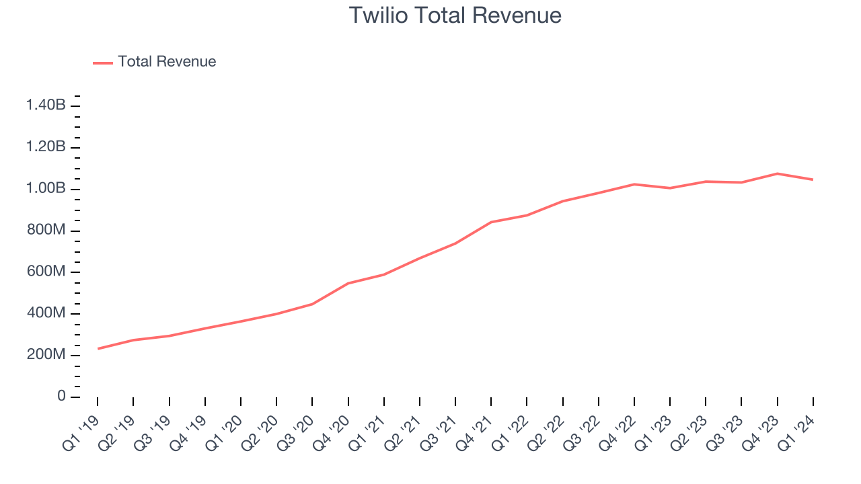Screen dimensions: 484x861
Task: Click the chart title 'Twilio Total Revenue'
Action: [x=455, y=15]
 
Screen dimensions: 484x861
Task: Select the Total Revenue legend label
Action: [x=167, y=62]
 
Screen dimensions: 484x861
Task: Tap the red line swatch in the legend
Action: [x=103, y=63]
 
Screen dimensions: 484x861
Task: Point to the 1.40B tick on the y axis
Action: [x=46, y=106]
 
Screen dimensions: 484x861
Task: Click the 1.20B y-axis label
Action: [x=46, y=147]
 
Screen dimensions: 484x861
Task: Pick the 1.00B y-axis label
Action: [x=46, y=189]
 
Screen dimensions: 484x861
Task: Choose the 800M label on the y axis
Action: [x=46, y=231]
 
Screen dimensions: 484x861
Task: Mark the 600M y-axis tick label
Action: [x=46, y=272]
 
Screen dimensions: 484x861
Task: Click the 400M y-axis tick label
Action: [x=46, y=314]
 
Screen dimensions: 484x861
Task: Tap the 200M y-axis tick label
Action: [x=46, y=356]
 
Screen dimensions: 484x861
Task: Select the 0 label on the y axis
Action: [x=61, y=397]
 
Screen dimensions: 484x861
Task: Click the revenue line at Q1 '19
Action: [x=98, y=348]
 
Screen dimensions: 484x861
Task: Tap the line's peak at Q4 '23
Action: [x=777, y=173]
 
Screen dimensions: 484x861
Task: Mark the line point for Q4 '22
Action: [x=634, y=184]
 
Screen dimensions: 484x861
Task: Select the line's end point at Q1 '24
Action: [x=813, y=179]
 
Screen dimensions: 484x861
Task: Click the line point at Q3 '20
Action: [x=312, y=304]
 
